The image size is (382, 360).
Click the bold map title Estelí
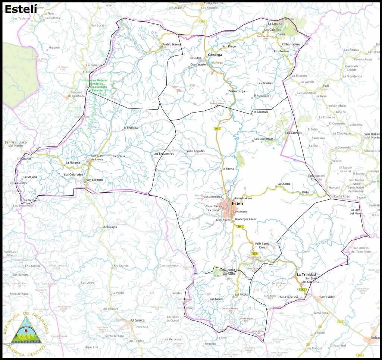tap(21, 9)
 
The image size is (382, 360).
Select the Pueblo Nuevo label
tap(171, 45)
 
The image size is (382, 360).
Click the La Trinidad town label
tap(306, 274)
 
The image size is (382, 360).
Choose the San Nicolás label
tap(242, 295)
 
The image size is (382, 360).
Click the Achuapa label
tap(110, 227)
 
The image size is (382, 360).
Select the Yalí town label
tap(326, 86)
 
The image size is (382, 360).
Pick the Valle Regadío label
tap(195, 151)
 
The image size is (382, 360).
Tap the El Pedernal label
tap(131, 128)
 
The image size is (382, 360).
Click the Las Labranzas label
tap(264, 139)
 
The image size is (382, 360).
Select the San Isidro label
tap(327, 297)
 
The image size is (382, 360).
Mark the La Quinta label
tap(284, 184)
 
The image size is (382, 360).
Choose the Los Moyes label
tap(216, 299)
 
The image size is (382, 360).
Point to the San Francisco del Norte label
tap(15, 144)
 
